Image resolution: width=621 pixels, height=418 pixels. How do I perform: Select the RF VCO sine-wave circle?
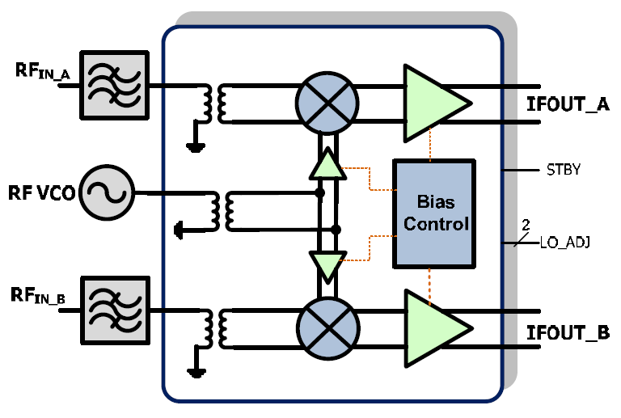(x=107, y=192)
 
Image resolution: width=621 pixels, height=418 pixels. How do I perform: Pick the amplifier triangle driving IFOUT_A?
(x=433, y=100)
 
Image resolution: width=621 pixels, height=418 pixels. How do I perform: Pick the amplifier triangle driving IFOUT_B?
(x=433, y=324)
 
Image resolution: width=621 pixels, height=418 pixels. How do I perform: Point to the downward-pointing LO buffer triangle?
(x=326, y=264)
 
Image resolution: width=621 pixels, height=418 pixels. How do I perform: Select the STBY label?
(x=557, y=171)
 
